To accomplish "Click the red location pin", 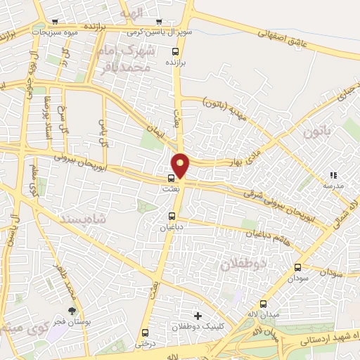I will coord(181,165).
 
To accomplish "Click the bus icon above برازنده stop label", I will coord(175,51).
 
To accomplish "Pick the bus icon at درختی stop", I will coord(146,333).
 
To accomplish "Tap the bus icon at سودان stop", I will coord(298,267).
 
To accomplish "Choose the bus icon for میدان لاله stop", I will coord(264,304).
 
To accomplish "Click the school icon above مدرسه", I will coord(333,175).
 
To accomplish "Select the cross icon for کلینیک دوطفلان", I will coord(198,316).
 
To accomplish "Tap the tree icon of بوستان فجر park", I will coord(72,310).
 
